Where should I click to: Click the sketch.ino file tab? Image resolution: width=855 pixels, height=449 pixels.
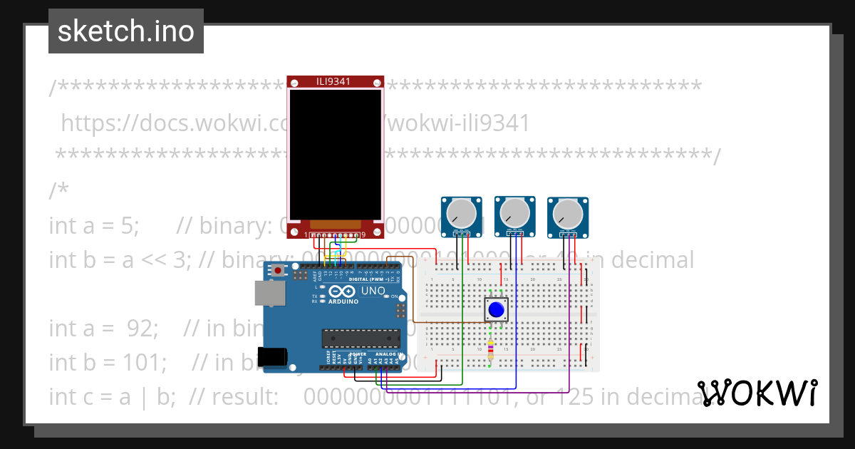pos(126,31)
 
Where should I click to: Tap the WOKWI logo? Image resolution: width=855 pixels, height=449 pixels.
pos(757,393)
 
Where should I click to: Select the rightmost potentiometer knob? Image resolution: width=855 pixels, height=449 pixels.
pos(568,212)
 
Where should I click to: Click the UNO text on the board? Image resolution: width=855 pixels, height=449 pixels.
pos(373,291)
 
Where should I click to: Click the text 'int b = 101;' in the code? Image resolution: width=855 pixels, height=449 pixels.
pos(108,362)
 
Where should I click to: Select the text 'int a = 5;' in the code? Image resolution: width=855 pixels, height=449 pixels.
pos(94,225)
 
